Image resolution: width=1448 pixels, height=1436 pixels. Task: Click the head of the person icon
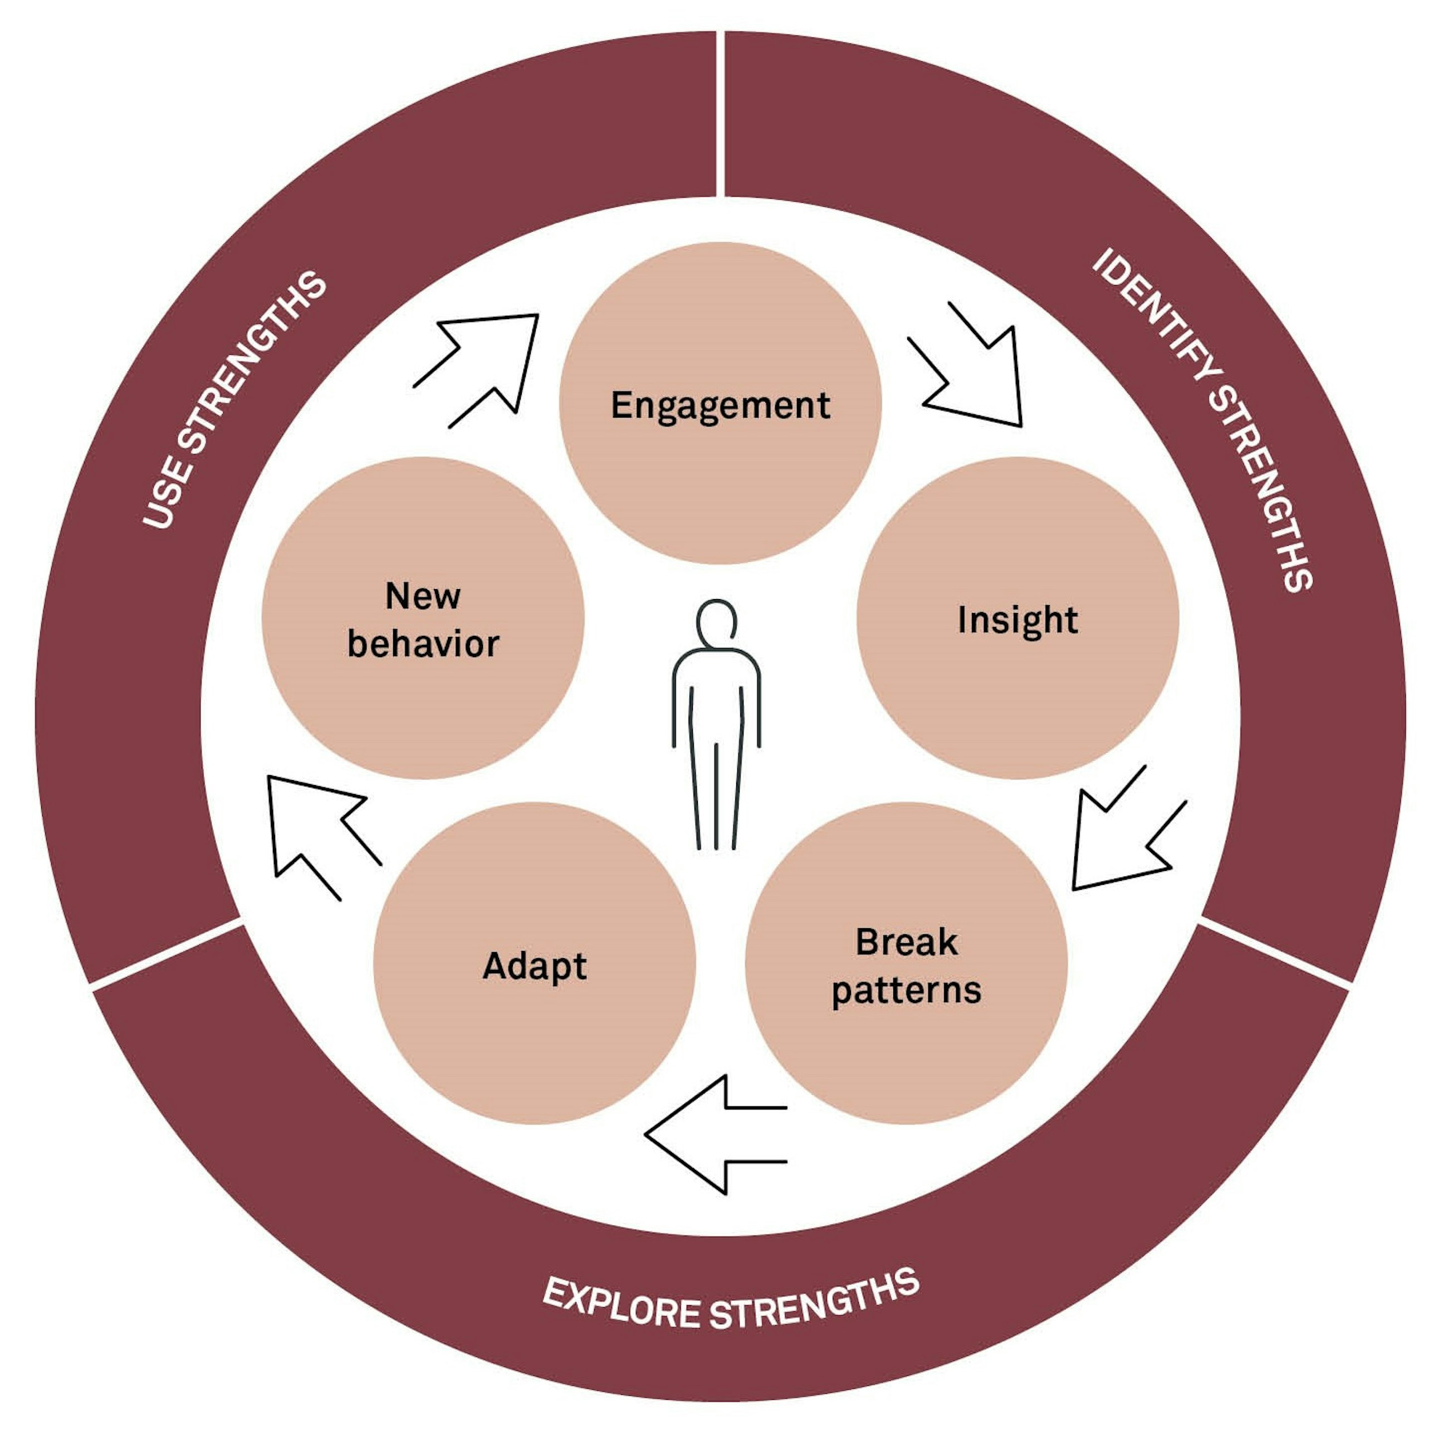[716, 622]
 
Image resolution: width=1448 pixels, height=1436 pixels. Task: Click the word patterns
[906, 990]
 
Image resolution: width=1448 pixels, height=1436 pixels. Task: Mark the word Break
[906, 942]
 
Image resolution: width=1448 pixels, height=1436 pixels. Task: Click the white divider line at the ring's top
[720, 112]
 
